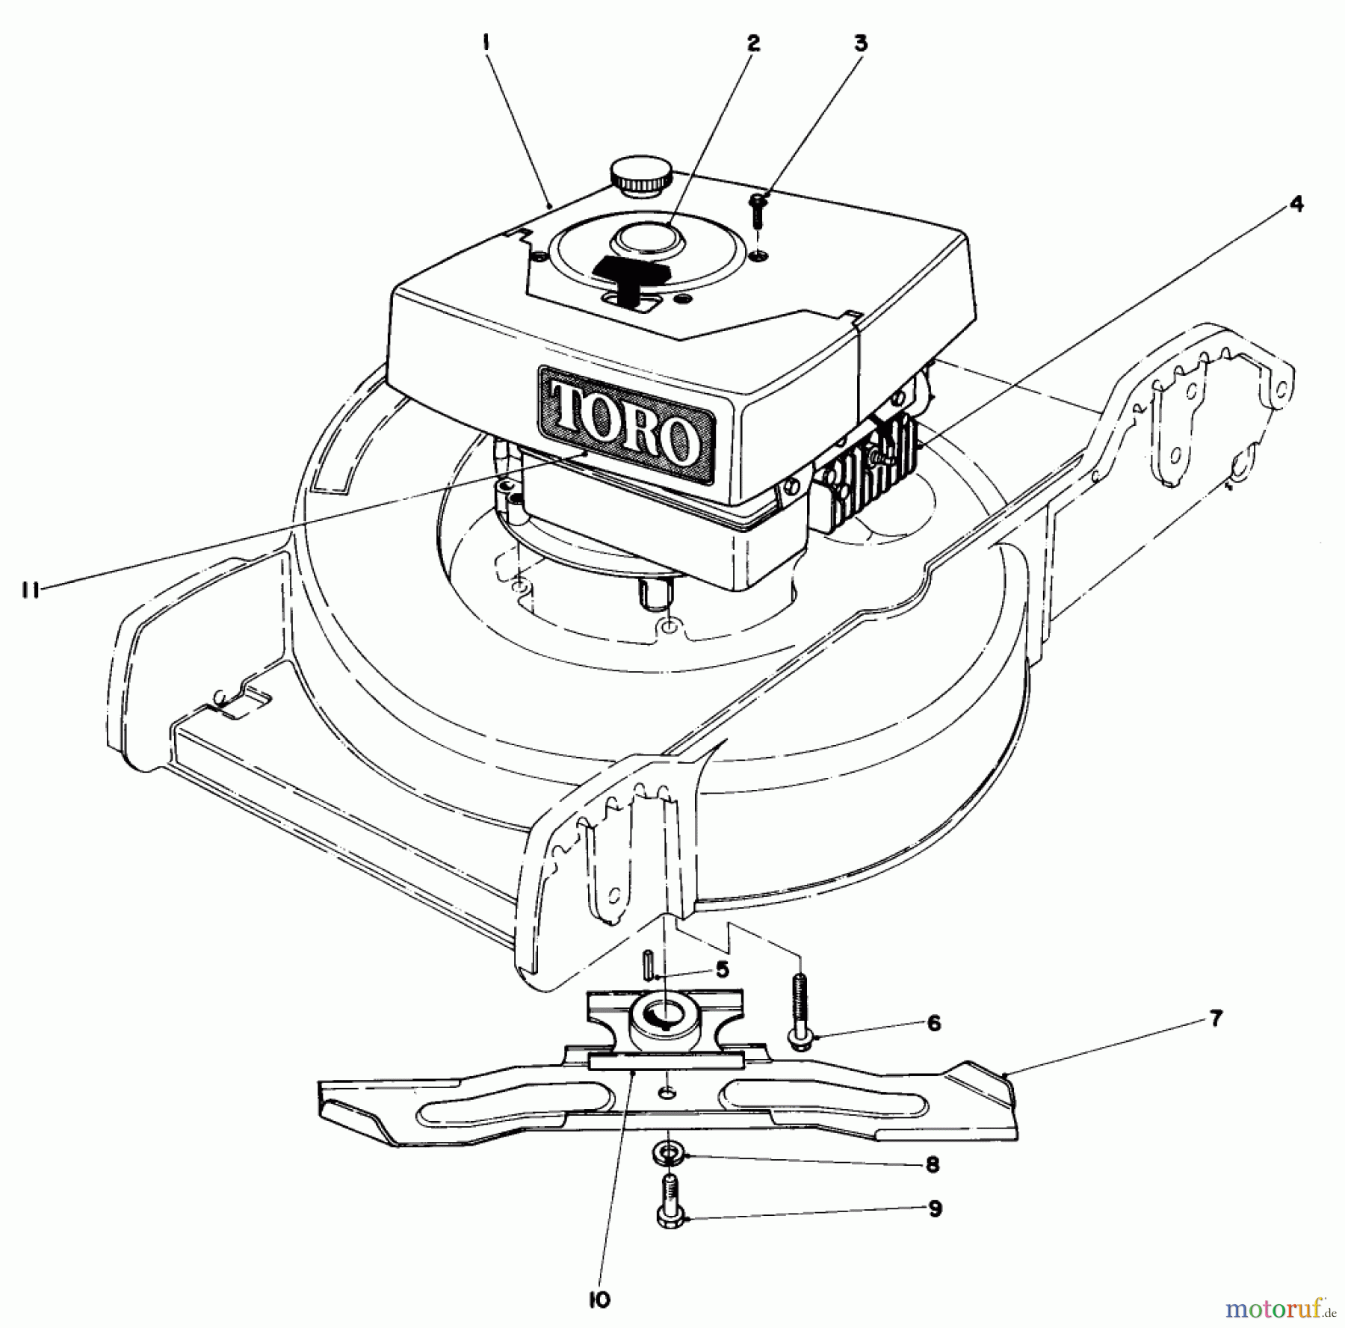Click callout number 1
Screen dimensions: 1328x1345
(486, 43)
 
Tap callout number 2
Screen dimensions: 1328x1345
(752, 43)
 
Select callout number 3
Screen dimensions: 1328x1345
(860, 43)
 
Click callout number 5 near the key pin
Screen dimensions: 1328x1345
(721, 971)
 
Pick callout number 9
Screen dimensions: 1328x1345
(935, 1209)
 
